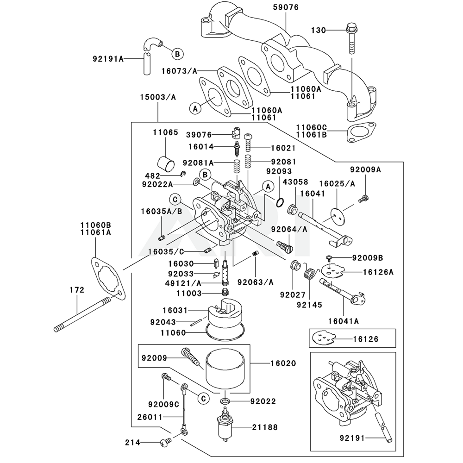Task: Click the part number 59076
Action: (x=286, y=7)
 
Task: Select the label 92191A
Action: (x=108, y=59)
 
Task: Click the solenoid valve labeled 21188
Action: (x=226, y=425)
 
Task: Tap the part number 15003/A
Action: (x=158, y=97)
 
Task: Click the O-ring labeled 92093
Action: (x=279, y=202)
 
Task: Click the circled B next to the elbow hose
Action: (x=176, y=54)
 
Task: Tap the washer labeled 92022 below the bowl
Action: (x=225, y=400)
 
